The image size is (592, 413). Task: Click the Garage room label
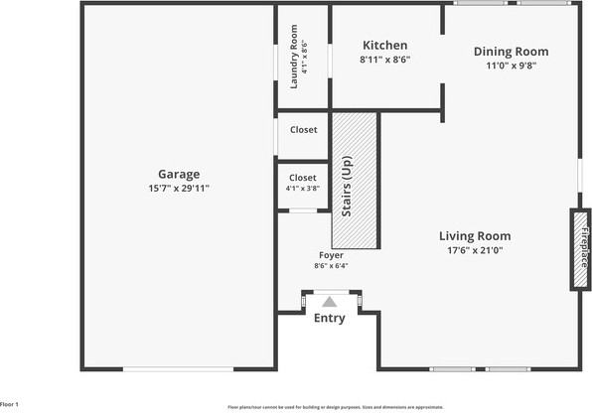point(179,174)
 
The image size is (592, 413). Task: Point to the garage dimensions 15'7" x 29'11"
point(179,188)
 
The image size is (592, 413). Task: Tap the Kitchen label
point(384,46)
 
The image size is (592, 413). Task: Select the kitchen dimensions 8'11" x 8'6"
point(384,60)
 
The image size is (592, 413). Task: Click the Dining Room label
point(511,52)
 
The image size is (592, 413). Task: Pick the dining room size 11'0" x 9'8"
point(511,66)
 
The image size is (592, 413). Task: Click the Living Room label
point(476,236)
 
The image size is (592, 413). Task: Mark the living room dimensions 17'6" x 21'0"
point(476,250)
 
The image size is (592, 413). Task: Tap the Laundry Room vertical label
point(295,58)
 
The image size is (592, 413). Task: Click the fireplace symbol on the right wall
point(578,248)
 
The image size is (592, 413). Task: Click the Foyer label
point(331,255)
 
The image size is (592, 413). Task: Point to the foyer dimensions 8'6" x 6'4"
point(331,265)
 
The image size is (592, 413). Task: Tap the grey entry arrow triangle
point(331,300)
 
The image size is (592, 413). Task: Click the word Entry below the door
point(330,319)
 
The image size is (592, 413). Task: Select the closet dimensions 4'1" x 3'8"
point(302,188)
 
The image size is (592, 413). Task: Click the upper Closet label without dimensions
point(303,130)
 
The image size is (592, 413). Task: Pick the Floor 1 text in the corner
point(10,405)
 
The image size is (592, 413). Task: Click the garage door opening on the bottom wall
point(178,370)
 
